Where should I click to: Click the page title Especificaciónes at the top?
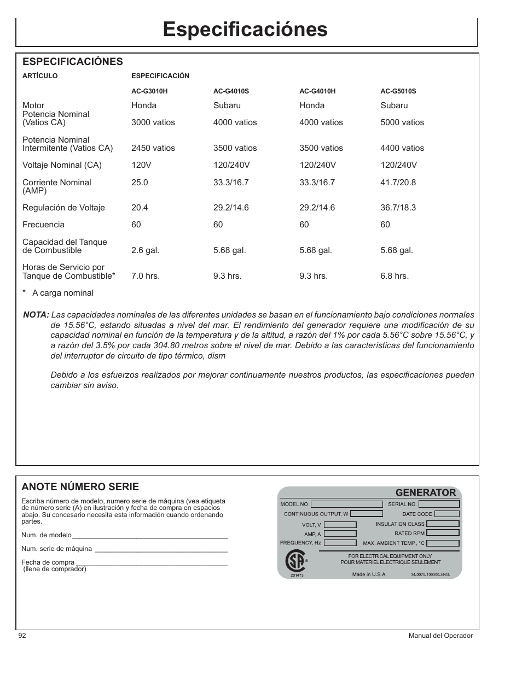coord(245,30)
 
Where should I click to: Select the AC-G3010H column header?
coord(149,91)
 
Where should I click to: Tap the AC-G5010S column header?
coord(398,91)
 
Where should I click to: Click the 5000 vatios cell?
coord(402,122)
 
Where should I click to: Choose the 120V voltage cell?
coord(141,165)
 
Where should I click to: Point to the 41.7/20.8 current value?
coord(398,183)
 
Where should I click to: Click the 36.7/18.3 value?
coord(398,208)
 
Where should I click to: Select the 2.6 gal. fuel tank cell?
coord(145,250)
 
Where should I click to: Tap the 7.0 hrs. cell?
coord(146,276)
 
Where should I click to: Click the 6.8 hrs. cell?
coord(395,276)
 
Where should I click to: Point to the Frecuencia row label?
coord(43,225)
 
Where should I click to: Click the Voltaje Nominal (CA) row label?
coord(62,165)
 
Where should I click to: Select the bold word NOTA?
coord(36,315)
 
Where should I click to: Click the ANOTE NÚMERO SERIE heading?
coord(80,487)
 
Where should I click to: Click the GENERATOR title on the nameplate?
coord(425,492)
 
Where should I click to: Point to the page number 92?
coord(22,636)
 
